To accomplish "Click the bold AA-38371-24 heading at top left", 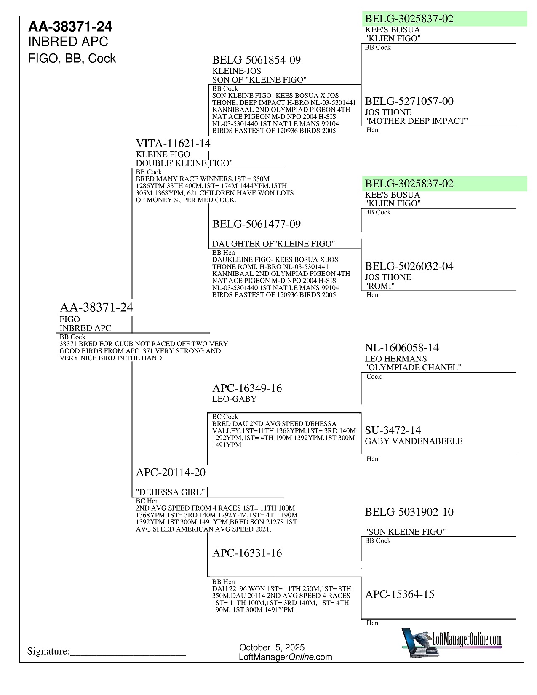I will [x=70, y=27].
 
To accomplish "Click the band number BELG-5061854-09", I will [x=256, y=60].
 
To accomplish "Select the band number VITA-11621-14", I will [x=173, y=144].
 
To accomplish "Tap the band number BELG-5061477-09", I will [x=256, y=224].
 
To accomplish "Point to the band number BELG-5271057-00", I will [x=409, y=102].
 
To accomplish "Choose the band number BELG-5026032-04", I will [x=409, y=266].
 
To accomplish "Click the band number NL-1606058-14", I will [x=401, y=348].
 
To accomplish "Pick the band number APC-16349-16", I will [x=247, y=388].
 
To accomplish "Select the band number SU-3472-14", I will [x=393, y=430].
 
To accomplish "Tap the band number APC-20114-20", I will [x=171, y=473].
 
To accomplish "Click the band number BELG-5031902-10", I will [x=409, y=512].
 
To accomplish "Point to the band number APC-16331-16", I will [x=247, y=553].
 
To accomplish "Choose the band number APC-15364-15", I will [x=399, y=594].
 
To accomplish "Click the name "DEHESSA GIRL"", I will [x=171, y=492].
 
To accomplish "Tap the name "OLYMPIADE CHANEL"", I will [x=413, y=367].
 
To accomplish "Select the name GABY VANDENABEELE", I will [x=414, y=441].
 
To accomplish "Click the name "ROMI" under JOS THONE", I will [x=379, y=286].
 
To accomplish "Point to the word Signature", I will [x=48, y=652].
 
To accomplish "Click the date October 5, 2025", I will [x=272, y=647].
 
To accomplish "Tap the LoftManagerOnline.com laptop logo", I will [x=452, y=642].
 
